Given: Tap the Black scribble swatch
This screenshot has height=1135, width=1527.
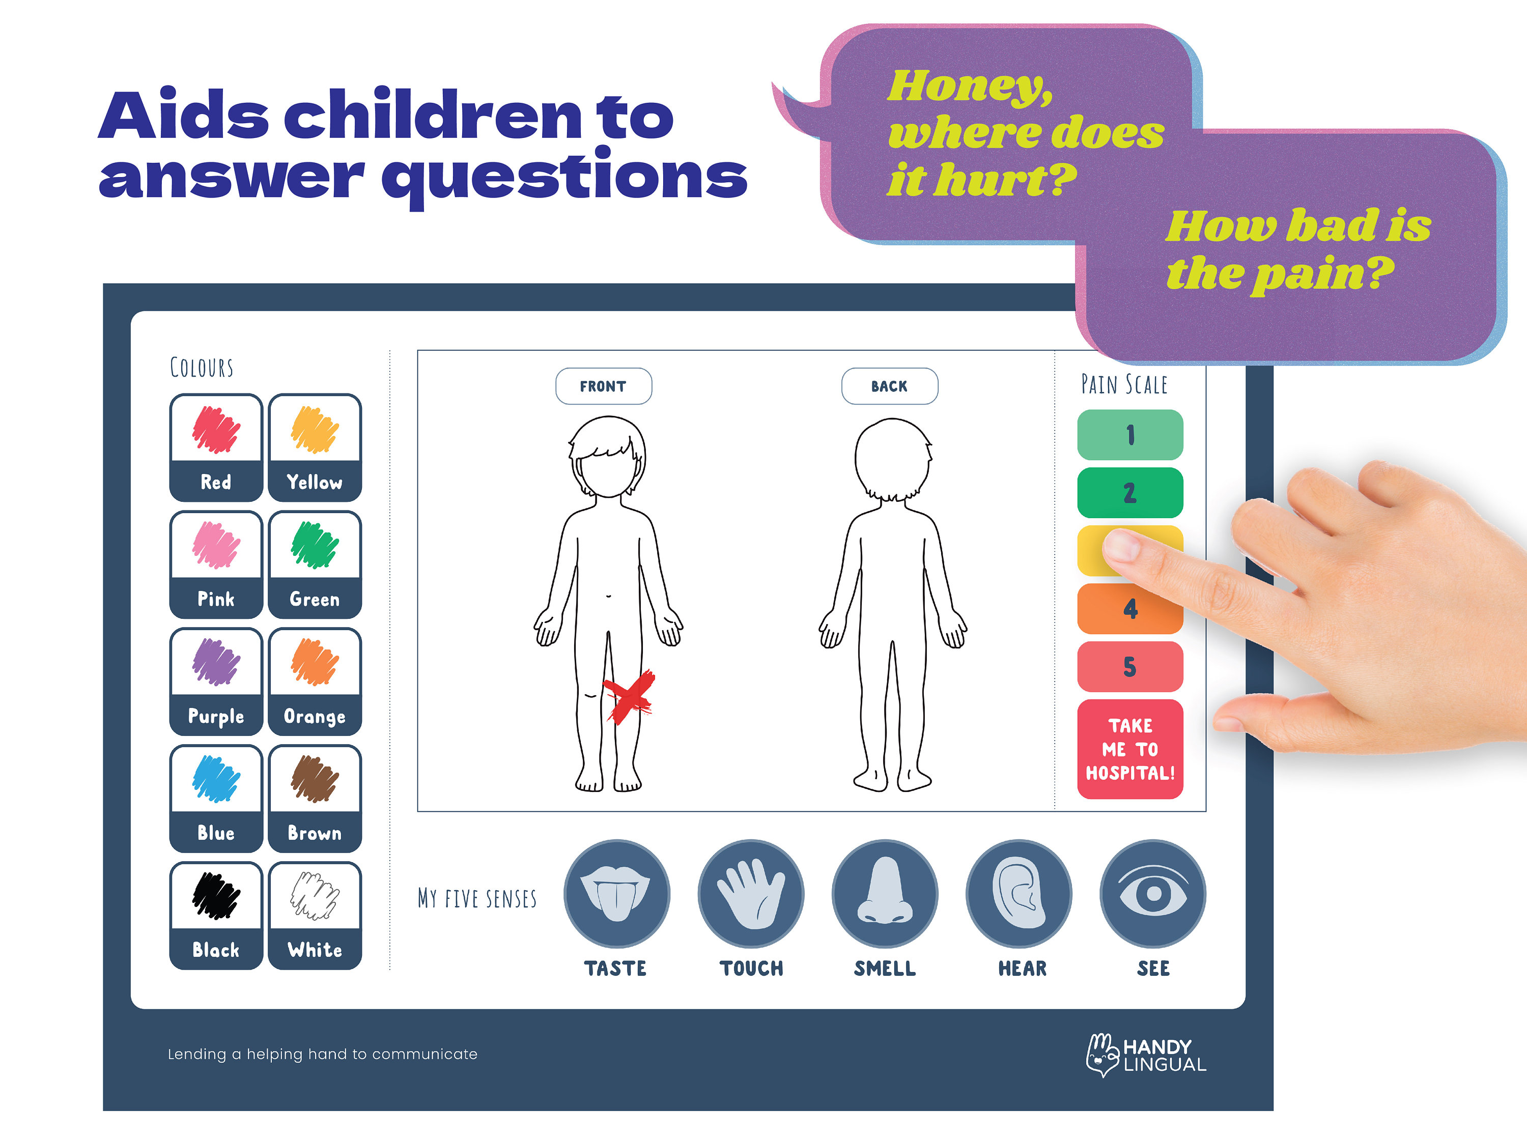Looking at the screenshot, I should (x=216, y=896).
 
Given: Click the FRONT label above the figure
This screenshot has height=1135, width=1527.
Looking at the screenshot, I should (x=603, y=386).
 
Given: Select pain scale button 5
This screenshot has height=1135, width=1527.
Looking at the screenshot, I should (x=1129, y=666).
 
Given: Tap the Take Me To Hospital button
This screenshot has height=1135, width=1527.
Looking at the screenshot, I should (x=1129, y=749).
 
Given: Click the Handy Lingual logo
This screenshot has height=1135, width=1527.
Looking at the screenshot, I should (x=1146, y=1055).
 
